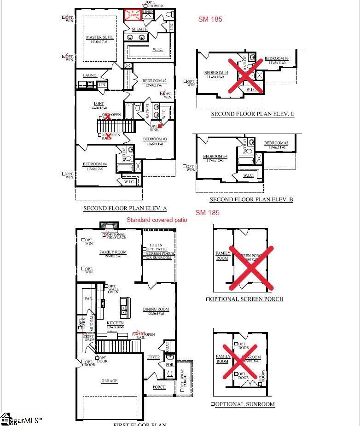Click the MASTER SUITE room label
click(x=99, y=37)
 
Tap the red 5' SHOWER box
click(x=133, y=14)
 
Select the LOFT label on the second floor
click(x=99, y=104)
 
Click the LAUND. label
click(x=90, y=75)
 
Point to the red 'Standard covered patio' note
click(x=157, y=220)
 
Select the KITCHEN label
click(x=115, y=323)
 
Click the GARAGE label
click(x=109, y=381)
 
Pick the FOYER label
click(x=153, y=357)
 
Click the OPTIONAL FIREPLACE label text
click(x=116, y=236)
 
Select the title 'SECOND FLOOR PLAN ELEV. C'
click(x=252, y=114)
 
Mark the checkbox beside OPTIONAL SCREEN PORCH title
click(x=208, y=299)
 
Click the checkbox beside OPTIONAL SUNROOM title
click(x=213, y=404)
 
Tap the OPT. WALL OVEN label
click(x=113, y=289)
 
